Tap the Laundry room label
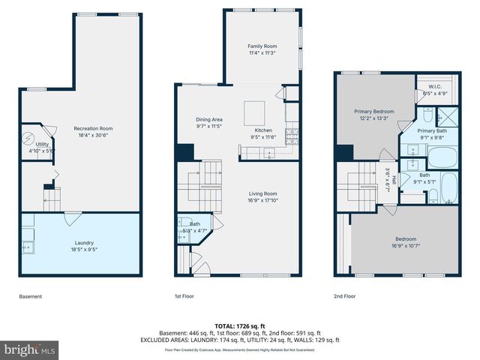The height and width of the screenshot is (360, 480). [84, 246]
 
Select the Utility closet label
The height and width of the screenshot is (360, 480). [42, 146]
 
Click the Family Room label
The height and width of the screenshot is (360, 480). [257, 49]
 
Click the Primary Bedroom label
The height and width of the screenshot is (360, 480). [373, 114]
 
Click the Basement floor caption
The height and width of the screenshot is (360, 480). [30, 296]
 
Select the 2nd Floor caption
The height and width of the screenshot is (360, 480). [345, 296]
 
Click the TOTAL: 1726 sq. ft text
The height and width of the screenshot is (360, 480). [240, 326]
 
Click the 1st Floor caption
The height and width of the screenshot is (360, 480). [184, 296]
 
